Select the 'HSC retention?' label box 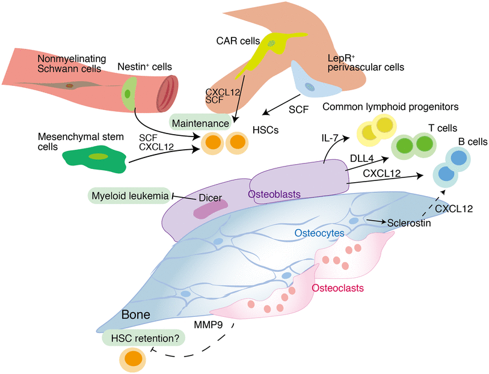point(144,339)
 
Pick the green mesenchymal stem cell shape point(94,157)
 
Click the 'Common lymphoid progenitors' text point(390,107)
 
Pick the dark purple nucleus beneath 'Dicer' point(210,209)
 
